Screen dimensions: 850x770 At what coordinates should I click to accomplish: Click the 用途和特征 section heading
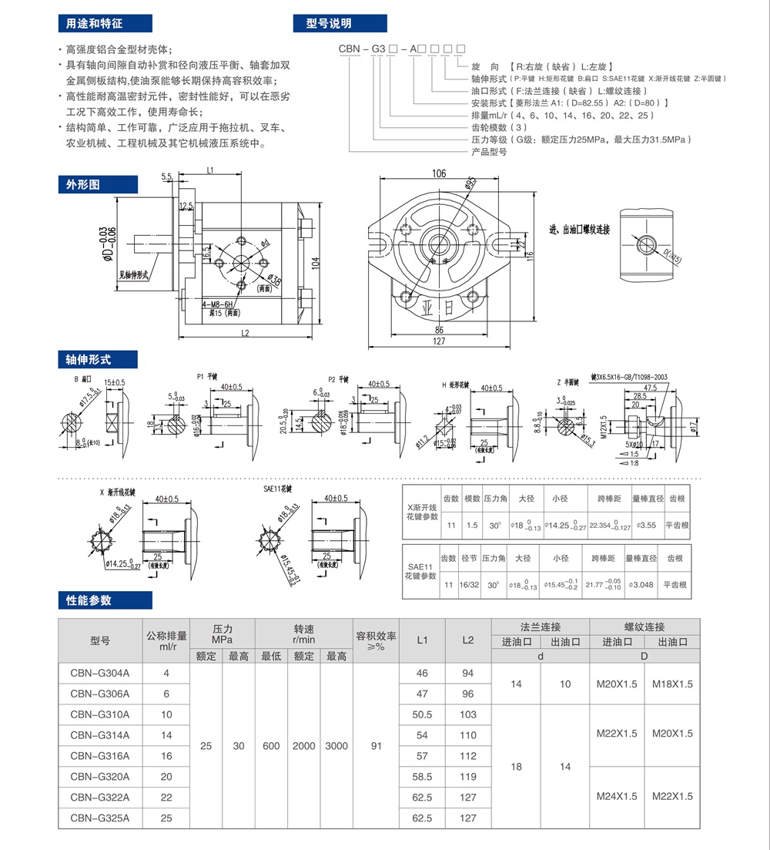[94, 23]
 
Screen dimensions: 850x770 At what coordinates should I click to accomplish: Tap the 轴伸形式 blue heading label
[88, 359]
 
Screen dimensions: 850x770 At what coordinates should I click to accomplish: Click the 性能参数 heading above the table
[89, 600]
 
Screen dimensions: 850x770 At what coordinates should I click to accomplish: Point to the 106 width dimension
[439, 173]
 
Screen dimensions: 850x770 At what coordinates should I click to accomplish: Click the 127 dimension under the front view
[438, 341]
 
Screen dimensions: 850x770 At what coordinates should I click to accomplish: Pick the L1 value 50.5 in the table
[422, 714]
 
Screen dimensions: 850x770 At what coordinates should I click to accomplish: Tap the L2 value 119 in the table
[468, 777]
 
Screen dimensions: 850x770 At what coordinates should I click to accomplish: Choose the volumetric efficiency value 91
[376, 745]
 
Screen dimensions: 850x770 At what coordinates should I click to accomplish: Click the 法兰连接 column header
[541, 627]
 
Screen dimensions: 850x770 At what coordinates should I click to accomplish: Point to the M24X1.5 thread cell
[617, 797]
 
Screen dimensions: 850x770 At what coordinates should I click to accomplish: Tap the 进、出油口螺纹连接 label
[578, 230]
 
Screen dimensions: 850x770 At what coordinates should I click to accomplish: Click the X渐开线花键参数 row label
[421, 512]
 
